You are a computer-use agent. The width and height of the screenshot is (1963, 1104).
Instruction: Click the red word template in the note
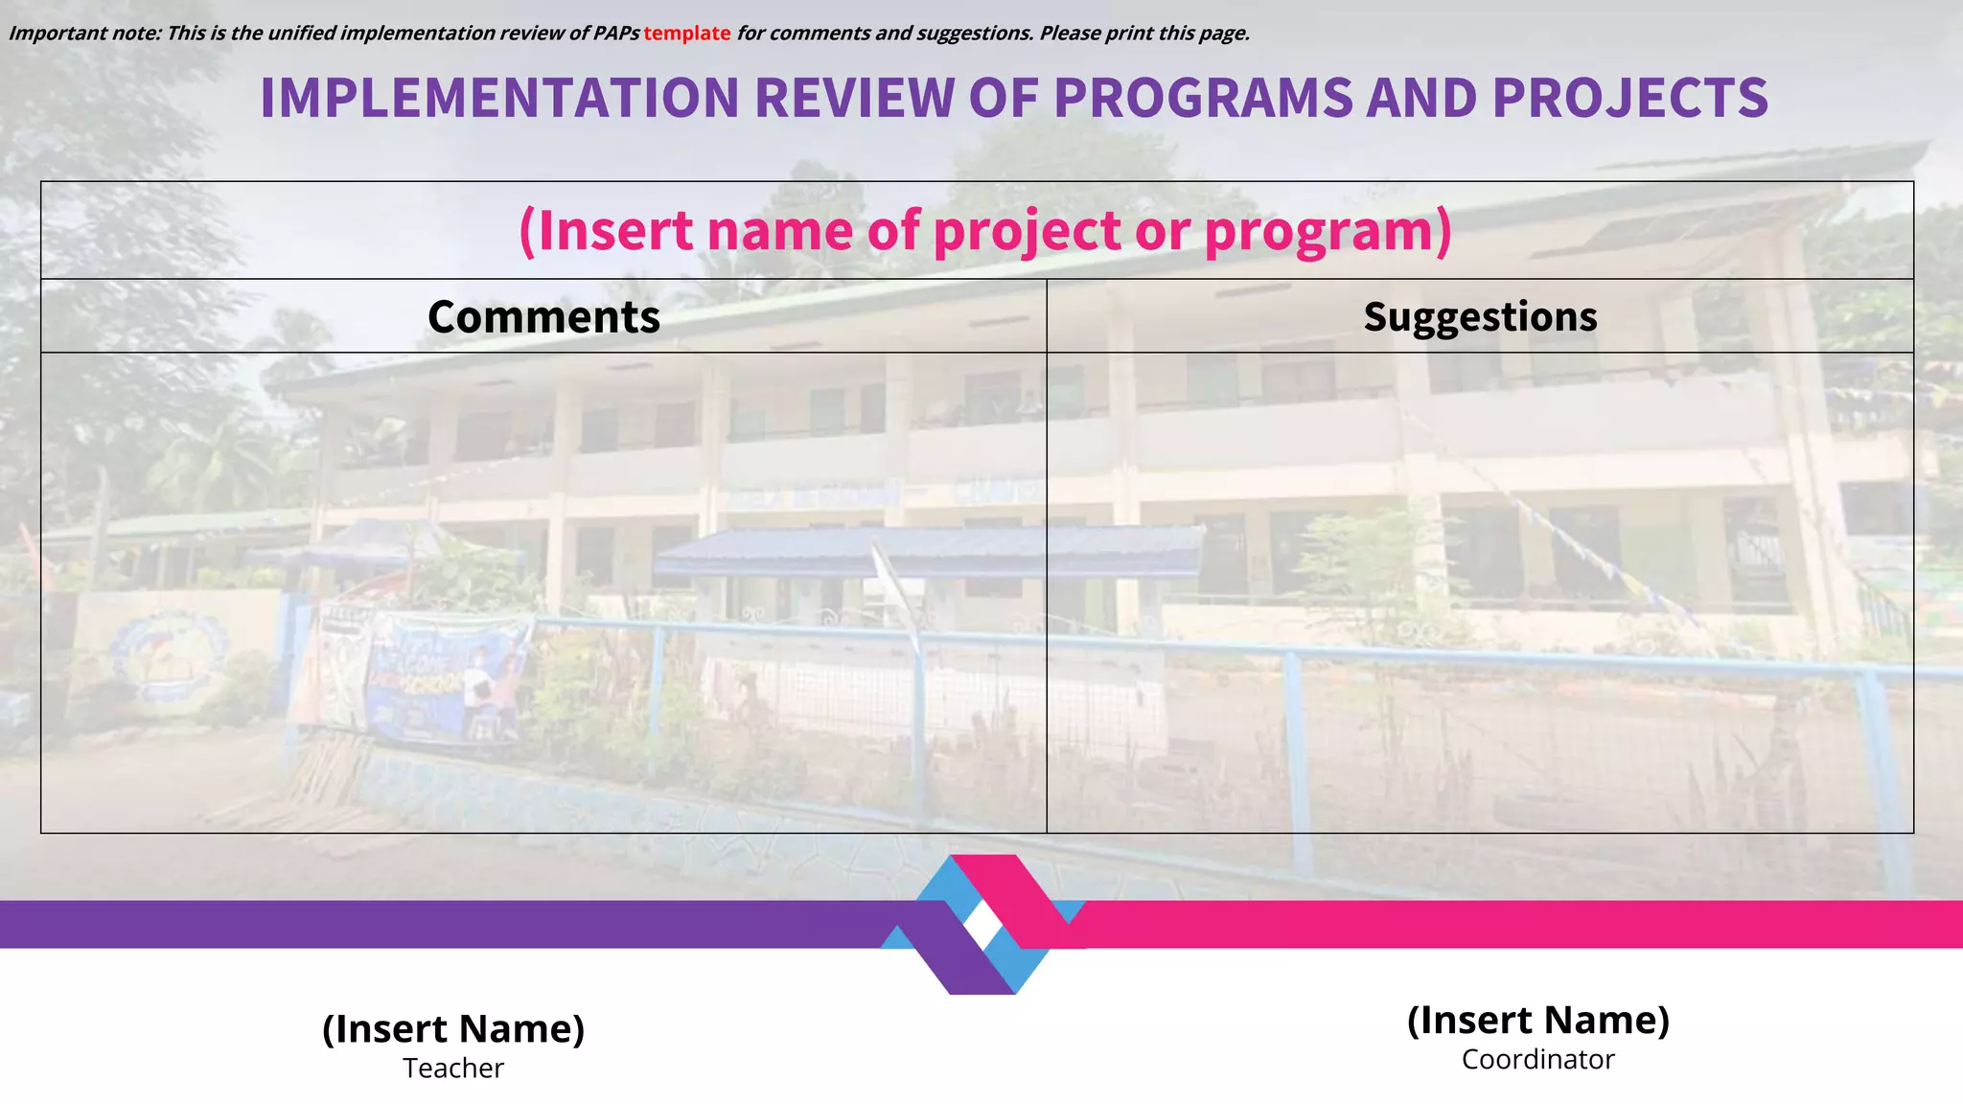(686, 34)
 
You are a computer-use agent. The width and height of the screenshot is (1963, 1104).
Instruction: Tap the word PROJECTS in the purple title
(1629, 98)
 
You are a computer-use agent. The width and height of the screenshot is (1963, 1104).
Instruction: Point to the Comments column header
(543, 317)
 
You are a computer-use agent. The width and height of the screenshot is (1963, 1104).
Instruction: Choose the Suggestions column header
(1480, 317)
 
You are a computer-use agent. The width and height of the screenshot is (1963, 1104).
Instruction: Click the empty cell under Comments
(543, 592)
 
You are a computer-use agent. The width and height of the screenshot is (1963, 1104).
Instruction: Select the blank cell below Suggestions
(1480, 592)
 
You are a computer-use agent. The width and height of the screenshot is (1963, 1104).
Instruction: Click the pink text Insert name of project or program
(984, 231)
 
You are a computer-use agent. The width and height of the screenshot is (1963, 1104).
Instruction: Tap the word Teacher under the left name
(453, 1069)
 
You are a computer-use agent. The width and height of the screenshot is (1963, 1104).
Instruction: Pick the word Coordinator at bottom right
(1537, 1060)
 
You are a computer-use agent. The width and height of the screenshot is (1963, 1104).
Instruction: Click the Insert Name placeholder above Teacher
(453, 1029)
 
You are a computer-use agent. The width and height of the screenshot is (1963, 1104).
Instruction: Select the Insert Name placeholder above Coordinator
(1537, 1021)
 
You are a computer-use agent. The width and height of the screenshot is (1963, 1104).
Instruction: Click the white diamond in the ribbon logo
(982, 925)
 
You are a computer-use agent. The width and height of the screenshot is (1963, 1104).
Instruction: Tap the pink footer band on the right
(1534, 925)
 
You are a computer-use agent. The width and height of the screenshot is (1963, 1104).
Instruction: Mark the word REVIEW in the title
(854, 98)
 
